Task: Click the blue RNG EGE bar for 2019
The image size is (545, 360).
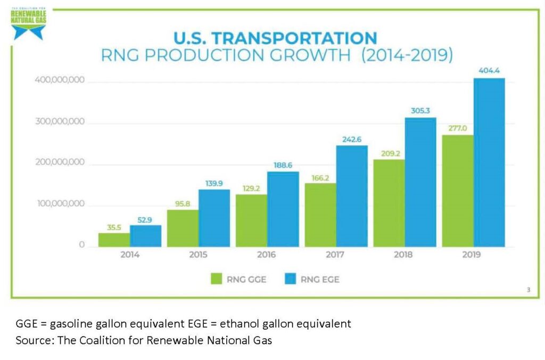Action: point(489,162)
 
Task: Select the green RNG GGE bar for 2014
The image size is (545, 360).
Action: point(114,240)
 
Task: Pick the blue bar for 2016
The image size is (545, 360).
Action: point(283,209)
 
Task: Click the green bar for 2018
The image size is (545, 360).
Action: point(389,203)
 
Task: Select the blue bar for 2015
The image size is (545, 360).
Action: point(214,218)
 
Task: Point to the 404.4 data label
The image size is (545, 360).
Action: point(489,70)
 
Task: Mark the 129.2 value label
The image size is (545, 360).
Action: point(251,187)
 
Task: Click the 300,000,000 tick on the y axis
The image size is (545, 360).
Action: point(60,122)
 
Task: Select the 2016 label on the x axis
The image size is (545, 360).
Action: point(267,255)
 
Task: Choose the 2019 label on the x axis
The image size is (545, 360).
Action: point(472,255)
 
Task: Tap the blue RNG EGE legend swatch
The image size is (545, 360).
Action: point(291,279)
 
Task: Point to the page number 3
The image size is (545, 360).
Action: point(528,290)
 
